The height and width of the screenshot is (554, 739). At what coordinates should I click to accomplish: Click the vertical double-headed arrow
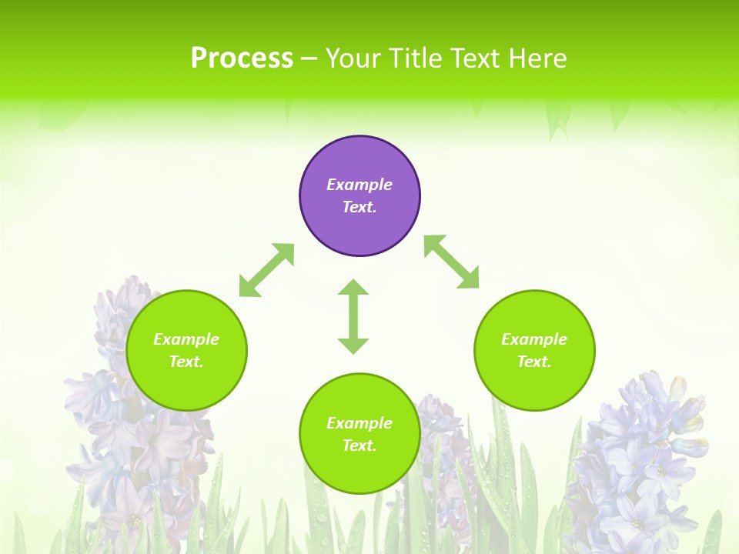[353, 317]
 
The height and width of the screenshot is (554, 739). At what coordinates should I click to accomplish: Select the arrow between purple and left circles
[266, 270]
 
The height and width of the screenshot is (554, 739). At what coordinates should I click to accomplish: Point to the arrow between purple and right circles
[452, 262]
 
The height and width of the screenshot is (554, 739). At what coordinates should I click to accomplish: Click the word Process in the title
[242, 58]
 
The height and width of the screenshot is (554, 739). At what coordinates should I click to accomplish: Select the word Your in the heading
[353, 58]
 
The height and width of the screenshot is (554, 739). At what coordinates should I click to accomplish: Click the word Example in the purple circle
[359, 185]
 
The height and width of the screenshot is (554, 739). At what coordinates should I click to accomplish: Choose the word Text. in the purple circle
[359, 207]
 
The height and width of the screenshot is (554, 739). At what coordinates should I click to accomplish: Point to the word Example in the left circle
[186, 339]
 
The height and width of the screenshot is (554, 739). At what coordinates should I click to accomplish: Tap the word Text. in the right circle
[534, 362]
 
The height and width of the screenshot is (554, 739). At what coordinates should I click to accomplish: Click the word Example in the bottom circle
[359, 423]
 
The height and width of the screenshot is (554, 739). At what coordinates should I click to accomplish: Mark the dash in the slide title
[309, 59]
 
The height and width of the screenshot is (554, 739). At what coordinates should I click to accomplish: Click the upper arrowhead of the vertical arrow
[353, 288]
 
